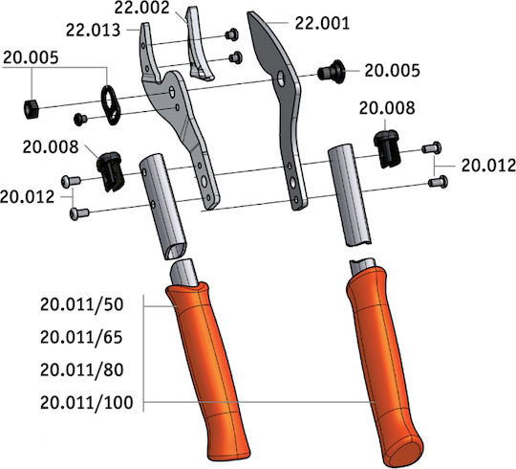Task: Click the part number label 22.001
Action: coord(322,23)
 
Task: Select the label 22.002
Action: coord(141,8)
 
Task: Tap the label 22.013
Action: coord(93,31)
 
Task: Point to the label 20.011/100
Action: coord(87,402)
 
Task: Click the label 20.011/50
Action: coord(81,304)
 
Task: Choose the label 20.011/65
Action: coord(81,337)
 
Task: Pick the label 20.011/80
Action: coord(81,369)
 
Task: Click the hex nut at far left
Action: coord(32,109)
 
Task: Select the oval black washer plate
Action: coord(111,105)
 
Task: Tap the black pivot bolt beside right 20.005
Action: coord(332,72)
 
